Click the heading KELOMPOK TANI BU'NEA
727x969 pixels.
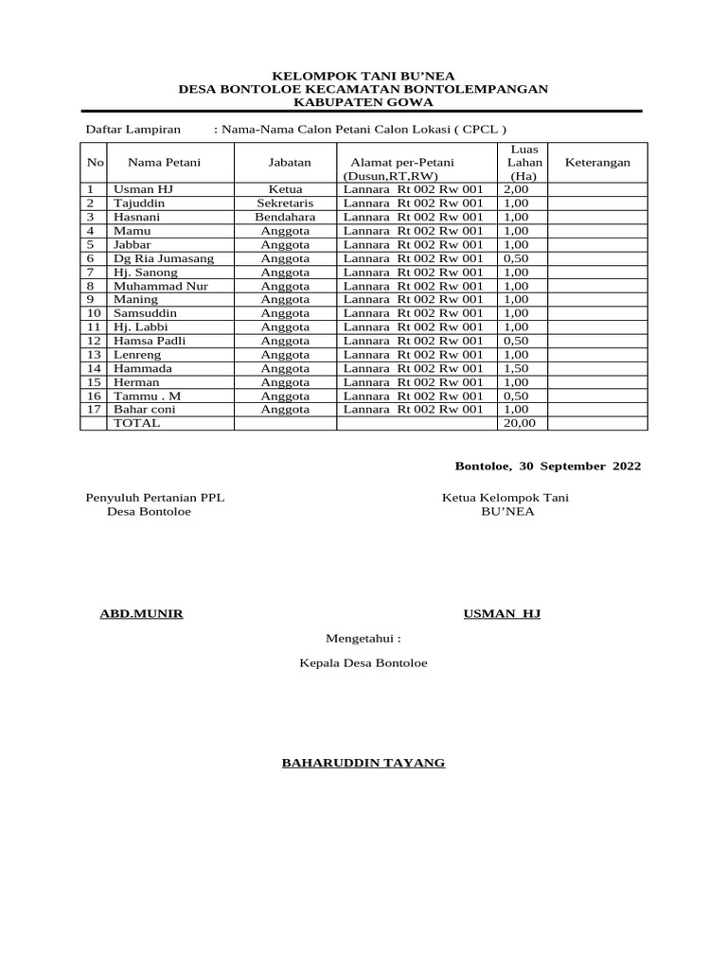[x=363, y=75]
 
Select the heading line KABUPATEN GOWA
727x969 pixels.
[x=363, y=101]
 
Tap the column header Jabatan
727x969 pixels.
[x=289, y=163]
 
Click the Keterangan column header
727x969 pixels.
[x=597, y=163]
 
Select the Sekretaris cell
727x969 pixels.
[x=285, y=203]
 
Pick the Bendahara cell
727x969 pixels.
[x=285, y=217]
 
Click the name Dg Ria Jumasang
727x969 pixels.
[x=164, y=258]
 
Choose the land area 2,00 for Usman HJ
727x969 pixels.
[x=516, y=189]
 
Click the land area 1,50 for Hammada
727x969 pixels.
[x=516, y=368]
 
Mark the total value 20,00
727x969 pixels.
[x=519, y=424]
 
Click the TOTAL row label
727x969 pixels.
[x=137, y=424]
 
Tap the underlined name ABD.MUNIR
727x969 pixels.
[x=142, y=614]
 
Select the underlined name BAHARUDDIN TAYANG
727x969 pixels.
[x=363, y=763]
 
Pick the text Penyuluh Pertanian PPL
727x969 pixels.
[x=155, y=498]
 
